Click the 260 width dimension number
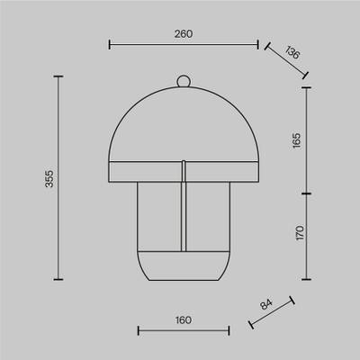pyautogui.click(x=184, y=34)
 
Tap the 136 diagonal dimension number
pyautogui.click(x=292, y=52)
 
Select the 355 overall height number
pyautogui.click(x=49, y=179)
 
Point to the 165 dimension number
pyautogui.click(x=296, y=140)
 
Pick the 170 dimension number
pyautogui.click(x=300, y=233)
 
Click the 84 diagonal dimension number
pyautogui.click(x=266, y=304)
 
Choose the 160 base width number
pyautogui.click(x=184, y=320)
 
